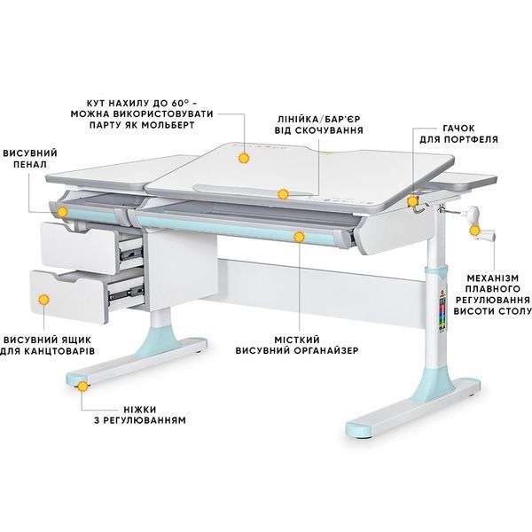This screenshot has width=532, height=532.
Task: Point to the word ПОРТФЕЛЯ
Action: [x=471, y=139]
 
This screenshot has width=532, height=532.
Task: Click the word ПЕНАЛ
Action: [x=30, y=164]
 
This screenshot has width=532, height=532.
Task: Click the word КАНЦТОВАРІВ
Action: [x=60, y=351]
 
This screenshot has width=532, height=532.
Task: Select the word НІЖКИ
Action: [x=140, y=409]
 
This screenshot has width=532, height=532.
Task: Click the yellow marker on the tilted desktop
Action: [x=244, y=158]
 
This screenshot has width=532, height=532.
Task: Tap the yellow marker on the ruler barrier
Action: [x=283, y=194]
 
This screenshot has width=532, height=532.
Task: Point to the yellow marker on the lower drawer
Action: [x=43, y=300]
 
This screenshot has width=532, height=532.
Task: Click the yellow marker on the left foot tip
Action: [x=82, y=386]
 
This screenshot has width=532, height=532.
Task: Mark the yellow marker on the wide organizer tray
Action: [x=299, y=237]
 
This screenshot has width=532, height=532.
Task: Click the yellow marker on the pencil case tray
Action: [x=62, y=213]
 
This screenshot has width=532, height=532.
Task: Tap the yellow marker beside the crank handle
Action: [x=474, y=231]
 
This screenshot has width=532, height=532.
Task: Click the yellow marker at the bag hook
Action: [x=412, y=201]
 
